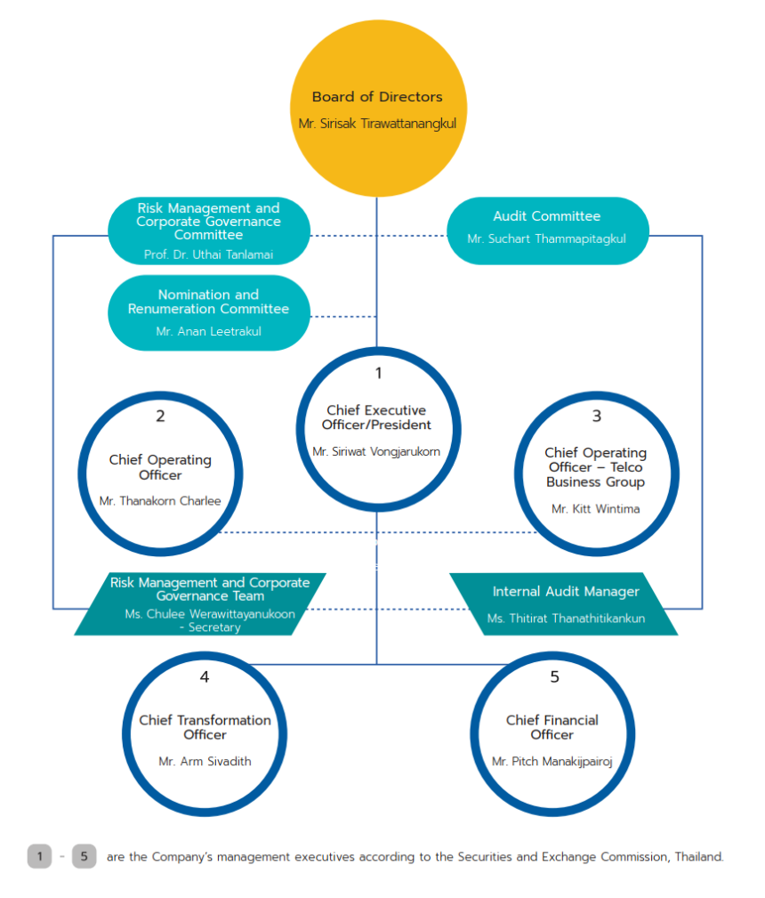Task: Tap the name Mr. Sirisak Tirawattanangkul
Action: coord(377,124)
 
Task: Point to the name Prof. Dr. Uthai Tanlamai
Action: coord(208,255)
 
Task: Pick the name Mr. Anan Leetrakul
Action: coord(208,332)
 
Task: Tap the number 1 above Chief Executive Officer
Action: coord(377,373)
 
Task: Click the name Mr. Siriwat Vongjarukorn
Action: coord(376,451)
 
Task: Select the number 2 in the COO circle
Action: coord(160,416)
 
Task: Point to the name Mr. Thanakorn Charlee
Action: coord(160,501)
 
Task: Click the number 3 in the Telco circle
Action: coord(596,416)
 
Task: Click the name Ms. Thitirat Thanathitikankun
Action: coord(566,618)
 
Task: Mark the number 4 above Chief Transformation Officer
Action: coord(205,677)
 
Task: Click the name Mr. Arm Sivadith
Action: coord(205,761)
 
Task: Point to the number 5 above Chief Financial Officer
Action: coord(554,677)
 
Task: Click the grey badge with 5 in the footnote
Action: coord(84,856)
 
